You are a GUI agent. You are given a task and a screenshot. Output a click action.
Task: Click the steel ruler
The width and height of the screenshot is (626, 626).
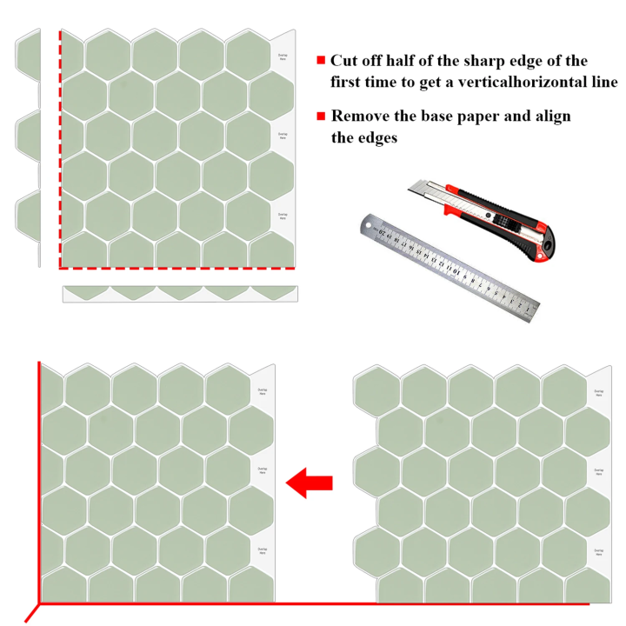click(448, 264)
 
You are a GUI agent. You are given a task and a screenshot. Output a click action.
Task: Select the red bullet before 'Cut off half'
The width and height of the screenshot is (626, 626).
click(321, 61)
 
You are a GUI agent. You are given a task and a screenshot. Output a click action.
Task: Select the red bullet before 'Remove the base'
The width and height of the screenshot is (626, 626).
click(321, 116)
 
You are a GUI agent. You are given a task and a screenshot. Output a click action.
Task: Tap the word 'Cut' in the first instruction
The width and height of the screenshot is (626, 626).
click(344, 61)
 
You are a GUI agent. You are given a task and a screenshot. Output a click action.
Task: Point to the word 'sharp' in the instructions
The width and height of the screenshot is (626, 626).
click(481, 61)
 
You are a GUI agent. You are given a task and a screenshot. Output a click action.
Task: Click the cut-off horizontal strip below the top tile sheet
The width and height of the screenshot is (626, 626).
click(179, 293)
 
